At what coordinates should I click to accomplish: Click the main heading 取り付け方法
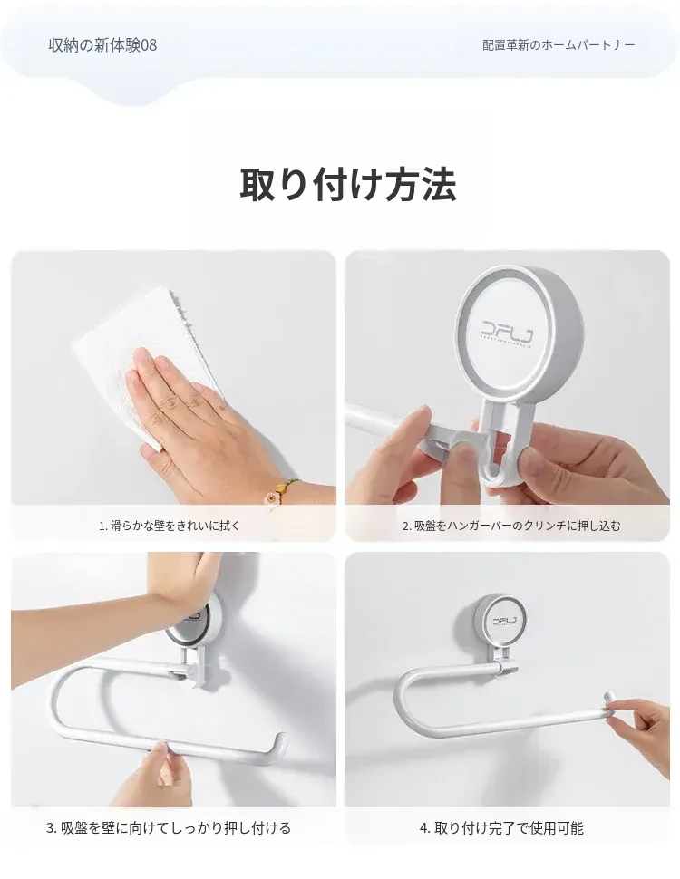[x=348, y=185]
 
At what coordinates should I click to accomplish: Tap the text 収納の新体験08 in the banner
[x=102, y=45]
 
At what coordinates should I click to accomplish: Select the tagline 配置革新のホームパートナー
[x=559, y=44]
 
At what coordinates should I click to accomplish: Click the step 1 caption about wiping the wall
[x=170, y=526]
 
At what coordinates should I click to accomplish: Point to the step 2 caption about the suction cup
[x=511, y=526]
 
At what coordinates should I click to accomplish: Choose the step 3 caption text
[x=169, y=828]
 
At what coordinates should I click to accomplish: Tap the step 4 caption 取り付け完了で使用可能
[x=501, y=828]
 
